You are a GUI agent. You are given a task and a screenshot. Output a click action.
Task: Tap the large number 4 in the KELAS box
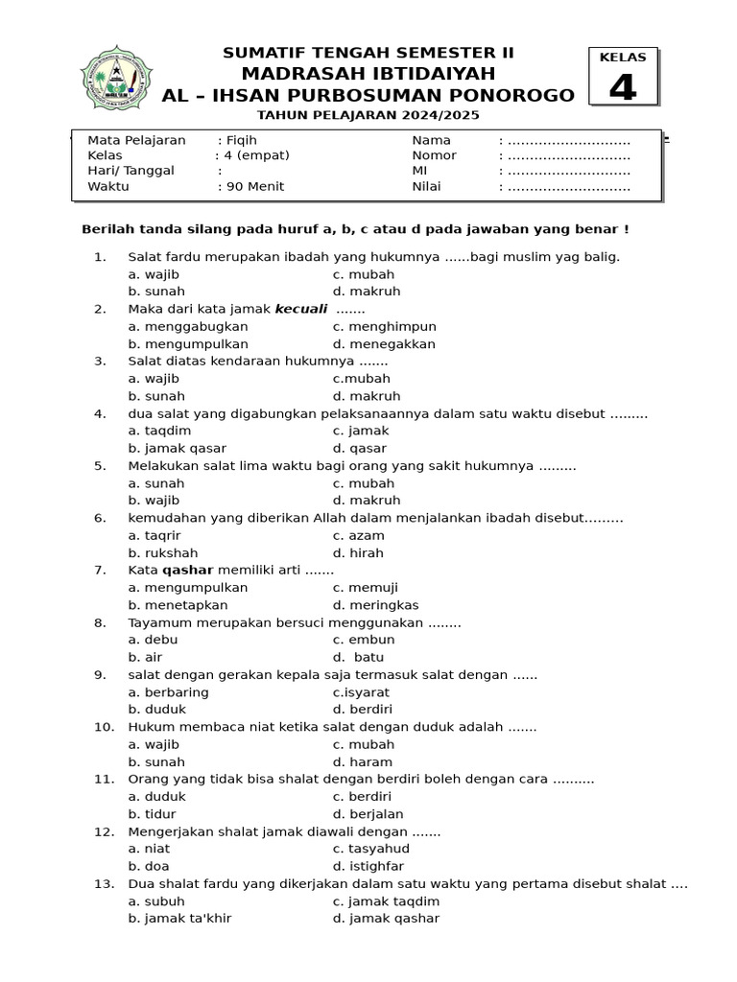click(623, 87)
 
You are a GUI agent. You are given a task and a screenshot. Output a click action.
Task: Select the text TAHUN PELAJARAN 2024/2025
click(368, 115)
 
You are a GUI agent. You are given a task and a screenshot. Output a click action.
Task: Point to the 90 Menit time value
click(254, 186)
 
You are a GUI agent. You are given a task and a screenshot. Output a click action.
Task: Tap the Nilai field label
click(426, 186)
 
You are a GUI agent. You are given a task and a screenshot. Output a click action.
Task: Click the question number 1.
click(99, 256)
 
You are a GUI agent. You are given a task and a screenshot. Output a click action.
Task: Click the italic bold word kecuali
click(301, 309)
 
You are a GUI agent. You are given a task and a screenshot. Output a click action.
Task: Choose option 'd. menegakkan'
click(384, 343)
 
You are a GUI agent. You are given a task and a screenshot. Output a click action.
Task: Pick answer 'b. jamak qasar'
click(177, 448)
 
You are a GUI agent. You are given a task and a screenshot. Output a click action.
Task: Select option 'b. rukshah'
click(163, 552)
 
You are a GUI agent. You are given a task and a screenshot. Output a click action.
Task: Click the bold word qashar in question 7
click(187, 570)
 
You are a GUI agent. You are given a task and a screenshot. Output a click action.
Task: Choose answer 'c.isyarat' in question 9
click(361, 692)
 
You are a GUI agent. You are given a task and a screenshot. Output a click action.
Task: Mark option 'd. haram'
click(362, 761)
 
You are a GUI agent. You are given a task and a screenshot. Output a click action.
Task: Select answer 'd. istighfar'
click(368, 866)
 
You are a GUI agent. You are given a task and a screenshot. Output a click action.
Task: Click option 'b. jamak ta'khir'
click(179, 918)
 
